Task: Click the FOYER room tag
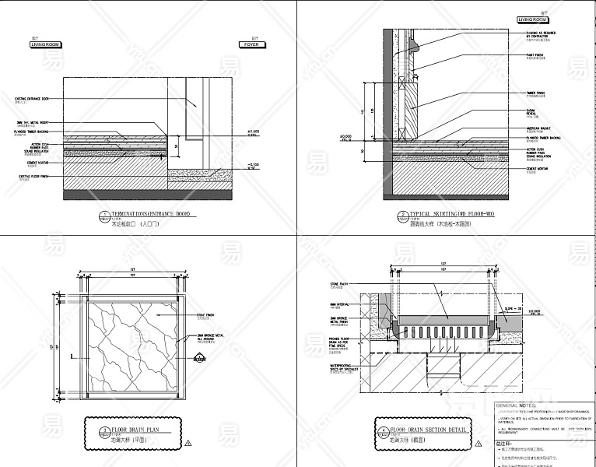click(251, 45)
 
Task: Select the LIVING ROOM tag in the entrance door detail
click(46, 45)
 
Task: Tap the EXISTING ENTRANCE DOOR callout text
click(33, 100)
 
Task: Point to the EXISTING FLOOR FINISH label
click(34, 177)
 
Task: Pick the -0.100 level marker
click(254, 164)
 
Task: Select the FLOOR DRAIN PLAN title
click(136, 429)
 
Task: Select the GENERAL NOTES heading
click(516, 406)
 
